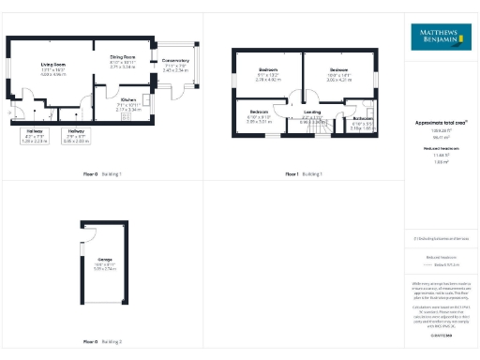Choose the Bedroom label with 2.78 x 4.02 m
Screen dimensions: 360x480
pos(268,75)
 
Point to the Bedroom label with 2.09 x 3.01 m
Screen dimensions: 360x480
pos(258,117)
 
